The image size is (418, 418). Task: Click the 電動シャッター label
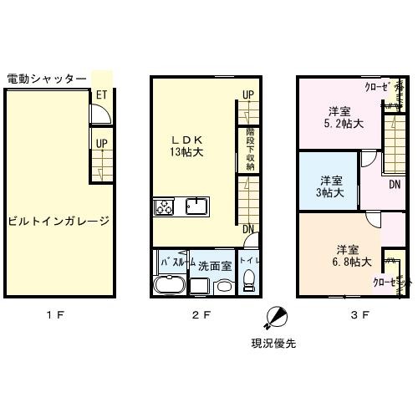(46, 79)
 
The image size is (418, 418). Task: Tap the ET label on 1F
(101, 96)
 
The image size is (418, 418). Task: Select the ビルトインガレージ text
(59, 222)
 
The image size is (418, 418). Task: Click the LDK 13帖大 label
(189, 145)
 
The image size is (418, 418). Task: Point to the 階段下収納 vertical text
(249, 149)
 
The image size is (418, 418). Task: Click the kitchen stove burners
(162, 206)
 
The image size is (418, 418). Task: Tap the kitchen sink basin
(197, 206)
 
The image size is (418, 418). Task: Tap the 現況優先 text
(273, 343)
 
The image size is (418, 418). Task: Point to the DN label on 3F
(395, 184)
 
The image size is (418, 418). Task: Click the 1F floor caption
(56, 315)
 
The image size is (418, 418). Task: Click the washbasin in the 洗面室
(223, 287)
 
